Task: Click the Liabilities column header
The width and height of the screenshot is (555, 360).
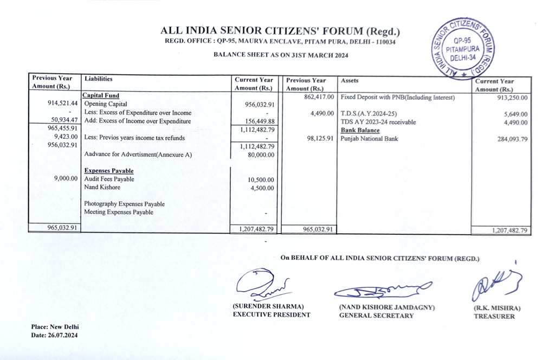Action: pyautogui.click(x=99, y=79)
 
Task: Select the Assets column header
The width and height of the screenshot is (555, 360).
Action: pyautogui.click(x=350, y=80)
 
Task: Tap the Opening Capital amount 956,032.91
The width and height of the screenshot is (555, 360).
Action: pyautogui.click(x=256, y=104)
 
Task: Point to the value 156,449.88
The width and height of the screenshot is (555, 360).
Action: pyautogui.click(x=256, y=121)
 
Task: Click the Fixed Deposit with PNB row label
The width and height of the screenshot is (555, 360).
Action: pyautogui.click(x=397, y=98)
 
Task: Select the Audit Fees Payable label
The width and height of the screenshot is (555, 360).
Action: pyautogui.click(x=109, y=179)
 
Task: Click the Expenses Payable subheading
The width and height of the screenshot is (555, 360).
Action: pyautogui.click(x=109, y=171)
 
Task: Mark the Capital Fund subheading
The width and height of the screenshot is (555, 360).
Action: pyautogui.click(x=100, y=96)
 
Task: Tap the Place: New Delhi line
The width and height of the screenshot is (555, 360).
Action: pyautogui.click(x=55, y=327)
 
